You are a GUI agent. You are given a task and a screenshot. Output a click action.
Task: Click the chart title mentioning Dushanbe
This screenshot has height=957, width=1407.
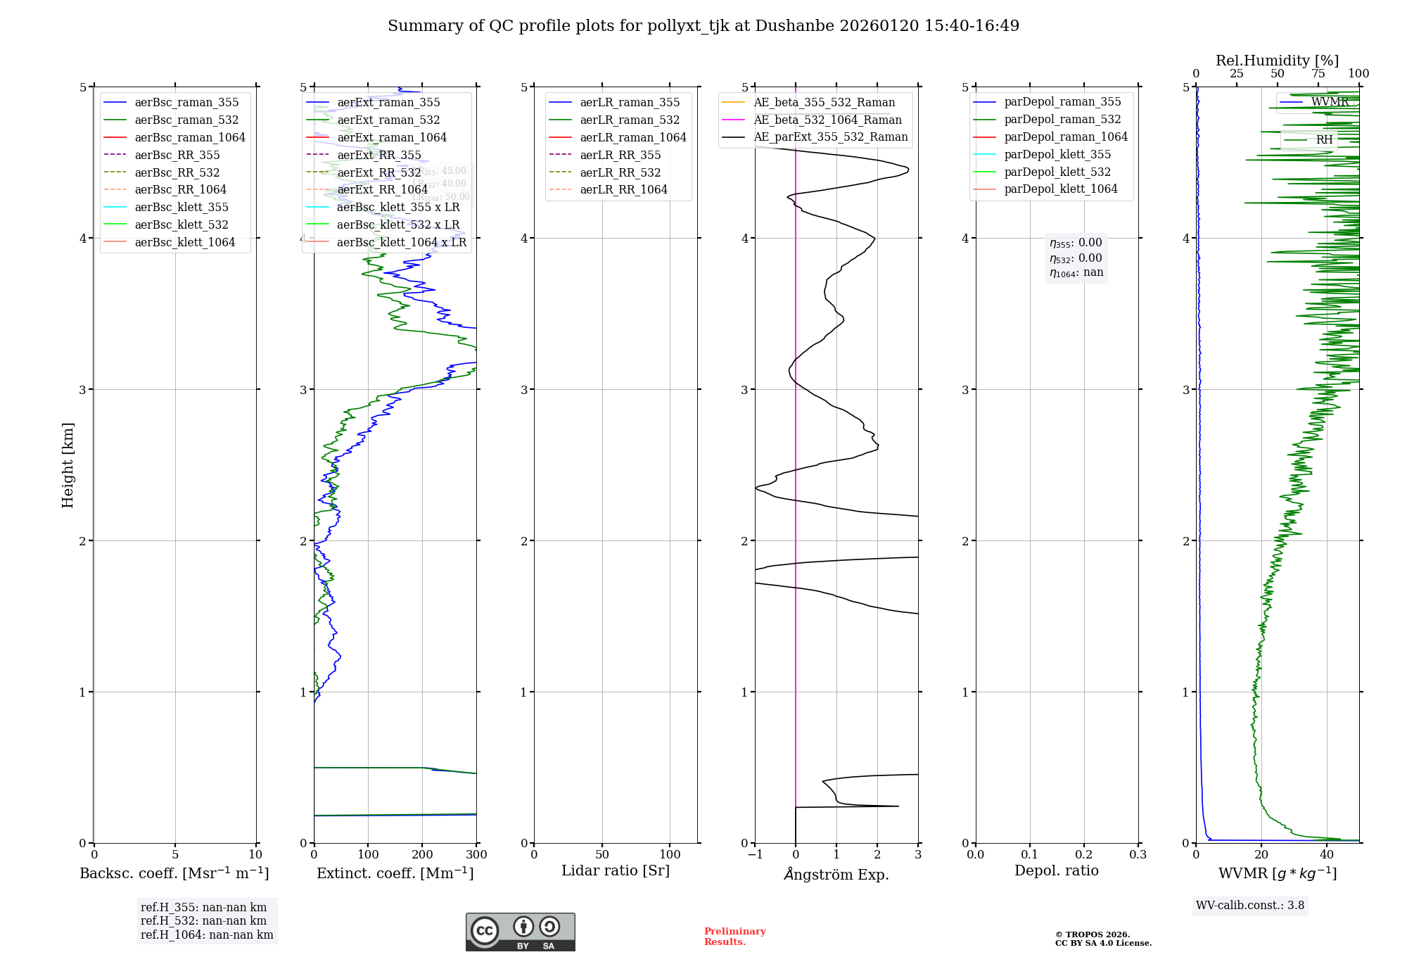click(x=703, y=26)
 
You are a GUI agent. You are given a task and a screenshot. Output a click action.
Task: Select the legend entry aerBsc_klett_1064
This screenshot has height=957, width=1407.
click(x=185, y=242)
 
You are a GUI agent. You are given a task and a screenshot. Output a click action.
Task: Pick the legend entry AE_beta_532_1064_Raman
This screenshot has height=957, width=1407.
click(x=827, y=120)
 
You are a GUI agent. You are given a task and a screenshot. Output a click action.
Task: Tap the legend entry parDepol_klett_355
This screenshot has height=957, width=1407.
click(x=1057, y=154)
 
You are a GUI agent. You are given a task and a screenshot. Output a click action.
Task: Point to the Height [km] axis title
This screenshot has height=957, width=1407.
click(x=68, y=465)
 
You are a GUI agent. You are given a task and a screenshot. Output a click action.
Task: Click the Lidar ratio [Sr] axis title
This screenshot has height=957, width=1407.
click(x=616, y=870)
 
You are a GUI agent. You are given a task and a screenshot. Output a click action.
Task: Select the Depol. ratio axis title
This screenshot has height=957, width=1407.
click(x=1056, y=870)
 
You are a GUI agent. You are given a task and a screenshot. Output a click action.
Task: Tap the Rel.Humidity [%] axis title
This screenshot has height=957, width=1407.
click(x=1277, y=61)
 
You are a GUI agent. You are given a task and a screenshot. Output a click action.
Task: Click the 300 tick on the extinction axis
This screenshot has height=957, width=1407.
click(x=477, y=855)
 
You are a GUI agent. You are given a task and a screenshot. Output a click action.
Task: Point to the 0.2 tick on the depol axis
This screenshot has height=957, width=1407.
click(x=1084, y=855)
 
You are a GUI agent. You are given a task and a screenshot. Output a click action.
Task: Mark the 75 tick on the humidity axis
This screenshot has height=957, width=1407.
click(x=1318, y=74)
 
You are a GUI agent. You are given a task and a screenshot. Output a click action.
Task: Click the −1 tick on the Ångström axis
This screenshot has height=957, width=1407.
click(x=755, y=855)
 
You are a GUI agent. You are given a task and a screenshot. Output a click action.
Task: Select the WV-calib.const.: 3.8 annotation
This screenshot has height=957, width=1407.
click(x=1250, y=906)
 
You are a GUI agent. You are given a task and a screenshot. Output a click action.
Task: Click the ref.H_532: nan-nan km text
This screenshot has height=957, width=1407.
click(x=203, y=921)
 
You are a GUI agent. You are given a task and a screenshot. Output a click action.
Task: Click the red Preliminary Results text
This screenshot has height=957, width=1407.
click(x=734, y=937)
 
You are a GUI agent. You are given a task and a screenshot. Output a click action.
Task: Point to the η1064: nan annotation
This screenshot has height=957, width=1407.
click(x=1076, y=273)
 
